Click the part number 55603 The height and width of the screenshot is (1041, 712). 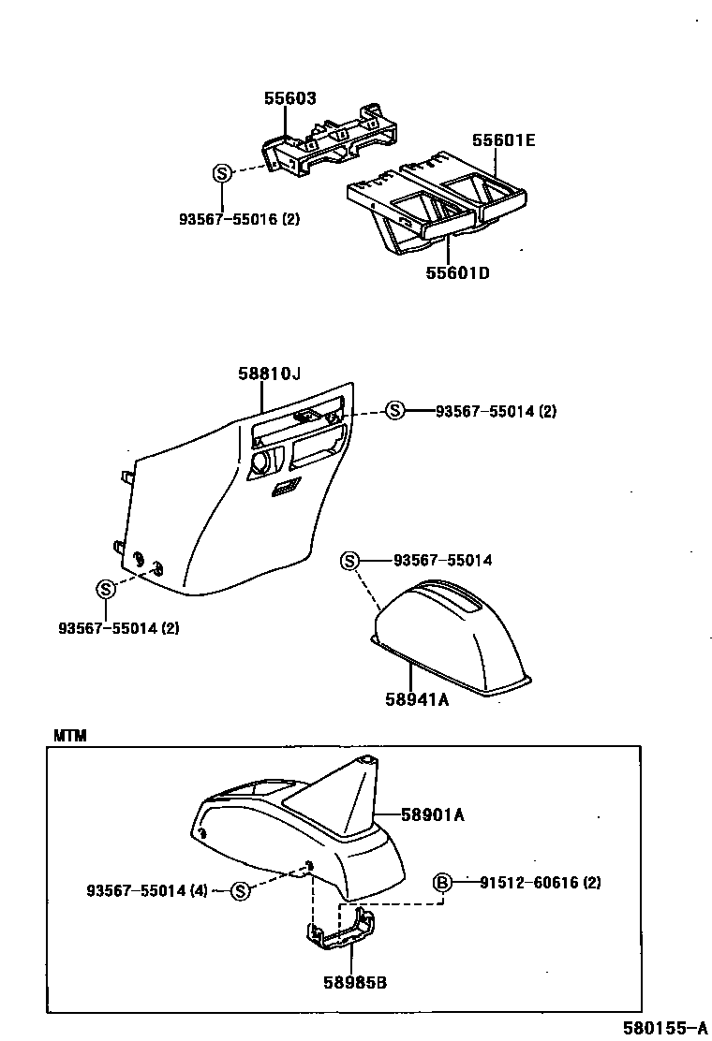coord(289,98)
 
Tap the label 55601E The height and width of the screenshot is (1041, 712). coord(503,140)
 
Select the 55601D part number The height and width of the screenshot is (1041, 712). coord(458,273)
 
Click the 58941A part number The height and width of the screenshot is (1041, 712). coord(417,698)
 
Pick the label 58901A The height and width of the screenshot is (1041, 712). coord(433,814)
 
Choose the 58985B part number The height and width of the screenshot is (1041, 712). coord(355,982)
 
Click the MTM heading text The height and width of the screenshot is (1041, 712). coord(69,736)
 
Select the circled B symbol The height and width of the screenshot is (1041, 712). coord(442,882)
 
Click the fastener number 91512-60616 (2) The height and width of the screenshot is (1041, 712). coord(527,882)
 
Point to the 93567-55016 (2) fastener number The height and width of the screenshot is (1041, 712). coord(240,219)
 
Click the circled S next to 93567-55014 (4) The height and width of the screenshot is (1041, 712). coord(240,890)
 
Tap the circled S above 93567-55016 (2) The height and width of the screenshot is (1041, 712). coord(222,173)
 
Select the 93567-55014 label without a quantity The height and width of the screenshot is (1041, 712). coord(442,561)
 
